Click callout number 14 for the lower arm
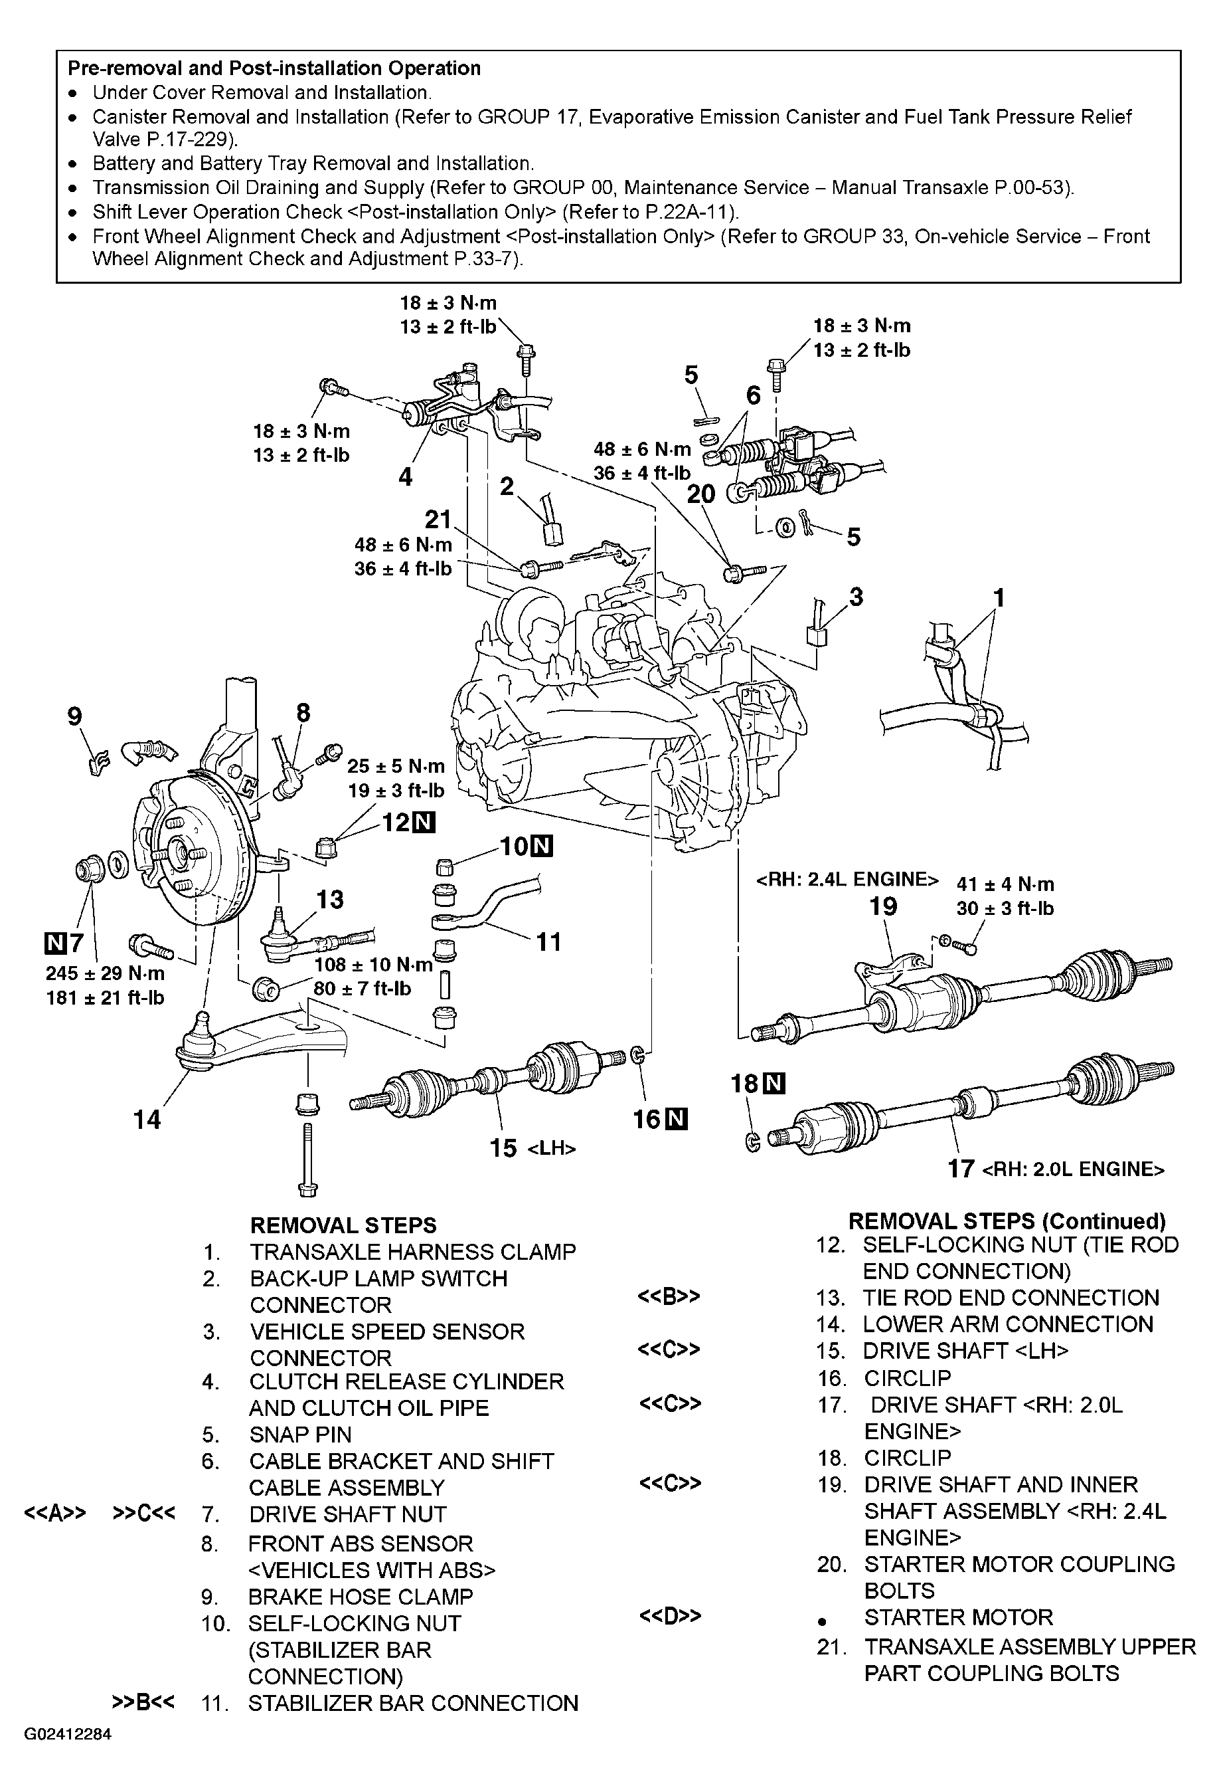(147, 1118)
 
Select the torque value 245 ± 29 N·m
(105, 973)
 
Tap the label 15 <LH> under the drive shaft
(532, 1148)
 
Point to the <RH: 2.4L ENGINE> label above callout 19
(848, 880)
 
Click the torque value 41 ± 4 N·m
(1005, 884)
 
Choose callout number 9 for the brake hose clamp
(74, 717)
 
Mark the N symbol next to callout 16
(677, 1118)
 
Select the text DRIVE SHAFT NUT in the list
(347, 1514)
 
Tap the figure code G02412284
(68, 1735)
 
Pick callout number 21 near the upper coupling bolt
(438, 519)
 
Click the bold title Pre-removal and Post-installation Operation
(274, 68)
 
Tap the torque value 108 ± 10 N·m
(373, 964)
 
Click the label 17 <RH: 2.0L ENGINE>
(1056, 1169)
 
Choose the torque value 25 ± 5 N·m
(396, 765)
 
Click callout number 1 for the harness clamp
(999, 598)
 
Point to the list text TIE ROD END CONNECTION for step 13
(1010, 1298)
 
